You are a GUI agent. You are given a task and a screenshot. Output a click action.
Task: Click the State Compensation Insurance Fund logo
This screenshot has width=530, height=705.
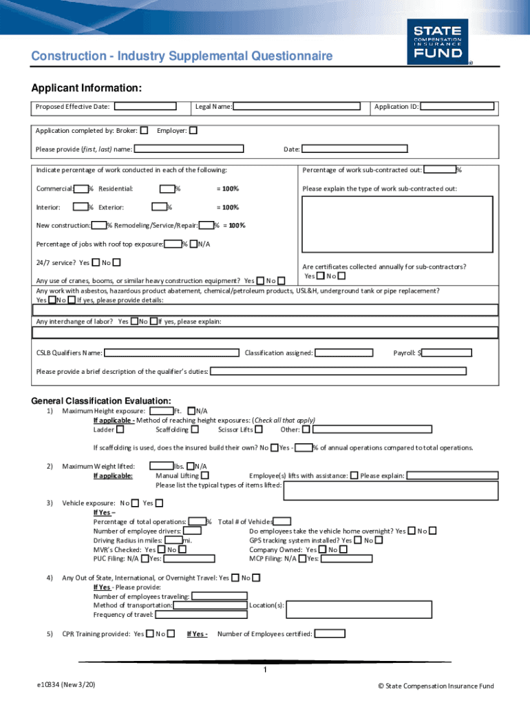[x=436, y=41]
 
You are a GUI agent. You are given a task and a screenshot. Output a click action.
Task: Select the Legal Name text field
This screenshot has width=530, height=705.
[x=296, y=107]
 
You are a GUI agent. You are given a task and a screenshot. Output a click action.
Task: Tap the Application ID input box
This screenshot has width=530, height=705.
[x=457, y=107]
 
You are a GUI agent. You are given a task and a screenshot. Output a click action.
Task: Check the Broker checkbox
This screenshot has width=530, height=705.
[x=144, y=130]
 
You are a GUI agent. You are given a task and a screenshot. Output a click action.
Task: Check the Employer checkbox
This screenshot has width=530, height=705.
[x=193, y=130]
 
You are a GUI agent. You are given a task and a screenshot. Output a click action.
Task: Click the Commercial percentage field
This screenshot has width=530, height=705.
[x=81, y=189]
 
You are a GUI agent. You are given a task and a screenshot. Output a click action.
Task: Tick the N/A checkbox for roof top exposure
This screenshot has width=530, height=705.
[x=193, y=244]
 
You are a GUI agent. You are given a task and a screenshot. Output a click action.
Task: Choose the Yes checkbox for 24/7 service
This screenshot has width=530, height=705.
[x=95, y=262]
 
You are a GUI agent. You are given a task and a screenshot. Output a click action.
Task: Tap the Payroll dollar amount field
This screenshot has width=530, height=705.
[x=447, y=353]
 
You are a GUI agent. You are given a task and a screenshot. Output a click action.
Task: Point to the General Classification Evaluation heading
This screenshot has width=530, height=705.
[x=101, y=401]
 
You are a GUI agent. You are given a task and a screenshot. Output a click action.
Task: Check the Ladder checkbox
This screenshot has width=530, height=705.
[x=120, y=430]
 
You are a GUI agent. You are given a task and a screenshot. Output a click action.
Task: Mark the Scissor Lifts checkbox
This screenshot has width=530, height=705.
[x=259, y=430]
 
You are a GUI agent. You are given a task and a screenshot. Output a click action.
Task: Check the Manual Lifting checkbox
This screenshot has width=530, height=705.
[x=205, y=475]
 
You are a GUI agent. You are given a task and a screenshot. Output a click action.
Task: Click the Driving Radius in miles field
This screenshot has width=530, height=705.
[x=173, y=540]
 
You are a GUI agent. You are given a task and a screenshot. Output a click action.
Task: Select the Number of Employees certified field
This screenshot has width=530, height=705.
[x=330, y=634]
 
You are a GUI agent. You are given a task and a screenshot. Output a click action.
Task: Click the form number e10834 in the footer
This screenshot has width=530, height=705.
[x=66, y=686]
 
